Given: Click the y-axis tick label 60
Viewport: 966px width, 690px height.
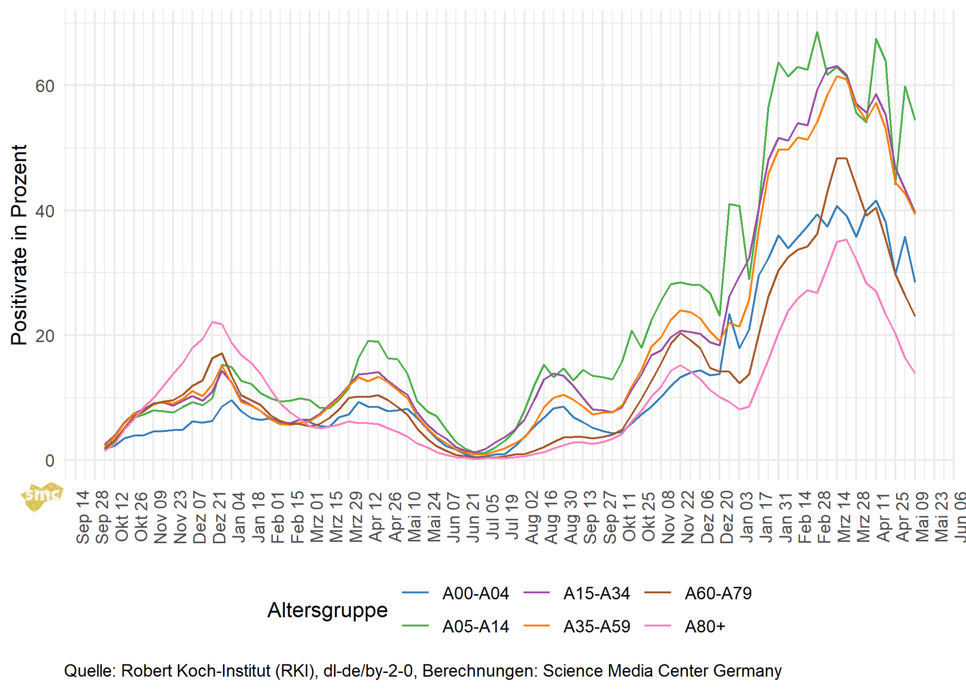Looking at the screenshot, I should (45, 86).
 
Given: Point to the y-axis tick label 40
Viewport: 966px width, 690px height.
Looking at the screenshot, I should (45, 211).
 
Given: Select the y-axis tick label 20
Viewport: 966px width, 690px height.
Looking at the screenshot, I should (45, 336).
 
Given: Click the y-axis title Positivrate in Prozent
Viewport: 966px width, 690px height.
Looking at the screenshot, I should (19, 245).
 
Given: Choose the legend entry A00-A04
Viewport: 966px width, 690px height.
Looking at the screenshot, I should (475, 593).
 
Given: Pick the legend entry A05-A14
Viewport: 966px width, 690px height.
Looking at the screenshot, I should (475, 627).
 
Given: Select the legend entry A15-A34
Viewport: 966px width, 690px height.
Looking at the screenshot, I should (597, 593).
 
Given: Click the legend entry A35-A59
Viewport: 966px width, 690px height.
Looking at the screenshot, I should (597, 627).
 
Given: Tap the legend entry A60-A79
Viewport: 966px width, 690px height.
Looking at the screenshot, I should (718, 593).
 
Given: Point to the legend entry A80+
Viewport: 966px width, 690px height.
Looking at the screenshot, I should (705, 627).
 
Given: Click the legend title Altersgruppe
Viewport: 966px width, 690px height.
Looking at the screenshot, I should (327, 610).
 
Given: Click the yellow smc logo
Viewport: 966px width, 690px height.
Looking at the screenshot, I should (42, 496).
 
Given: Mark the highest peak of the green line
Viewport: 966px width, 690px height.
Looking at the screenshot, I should (817, 32).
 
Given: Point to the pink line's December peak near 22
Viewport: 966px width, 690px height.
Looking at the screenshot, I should (213, 322).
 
